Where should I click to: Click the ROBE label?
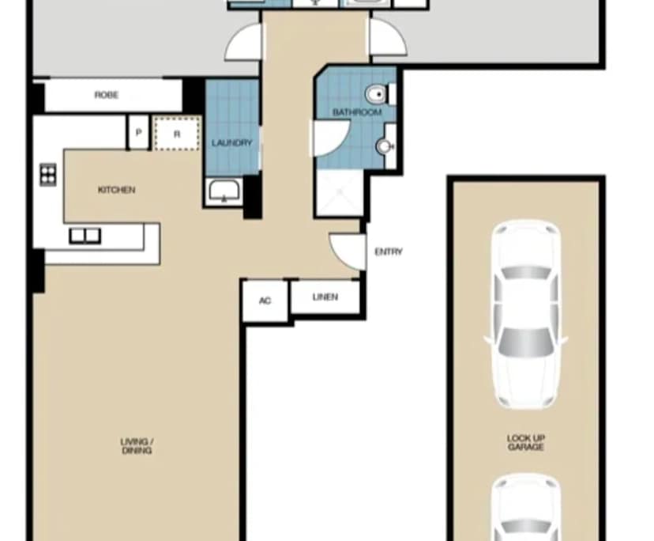(x=107, y=95)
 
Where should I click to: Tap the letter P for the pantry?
(x=138, y=134)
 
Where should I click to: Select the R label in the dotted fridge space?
(x=177, y=134)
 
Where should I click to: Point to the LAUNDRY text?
(x=231, y=143)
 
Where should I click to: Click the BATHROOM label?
(x=356, y=113)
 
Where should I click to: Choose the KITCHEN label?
(x=116, y=190)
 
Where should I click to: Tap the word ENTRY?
(x=388, y=252)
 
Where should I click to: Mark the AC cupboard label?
(x=265, y=301)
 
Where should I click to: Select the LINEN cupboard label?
(x=325, y=297)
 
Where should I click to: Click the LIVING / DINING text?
(x=137, y=445)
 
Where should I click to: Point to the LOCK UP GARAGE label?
(x=525, y=442)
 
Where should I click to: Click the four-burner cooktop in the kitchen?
(x=48, y=173)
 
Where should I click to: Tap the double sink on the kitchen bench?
(x=85, y=235)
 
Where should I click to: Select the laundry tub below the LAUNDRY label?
(x=225, y=191)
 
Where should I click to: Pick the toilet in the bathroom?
(x=377, y=94)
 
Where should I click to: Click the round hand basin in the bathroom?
(x=384, y=146)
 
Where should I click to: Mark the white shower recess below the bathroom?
(x=340, y=194)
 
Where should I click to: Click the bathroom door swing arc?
(x=326, y=139)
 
